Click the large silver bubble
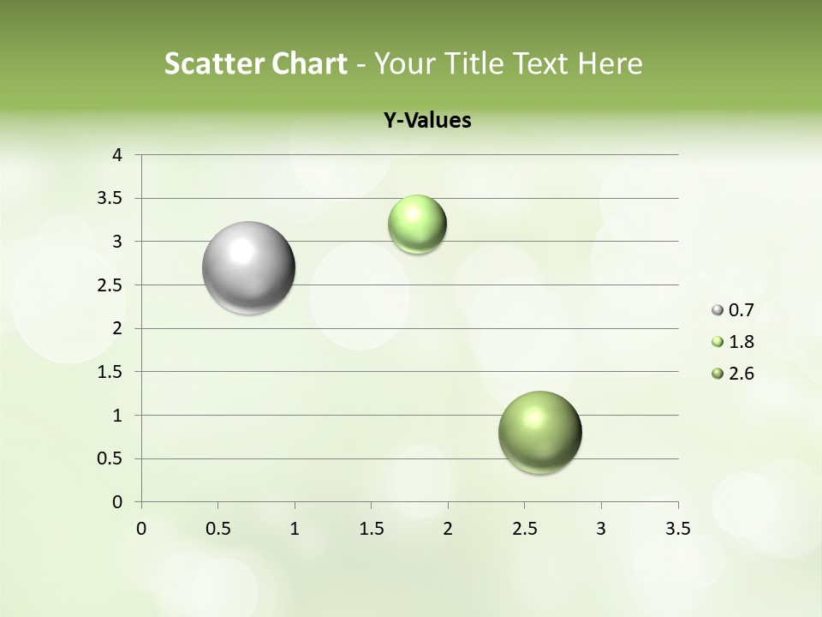coord(249,267)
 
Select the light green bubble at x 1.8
coord(417,225)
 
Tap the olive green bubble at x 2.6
coord(539,432)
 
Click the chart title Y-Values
coord(427,120)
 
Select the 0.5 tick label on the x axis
coord(217,529)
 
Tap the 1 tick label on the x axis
coord(295,529)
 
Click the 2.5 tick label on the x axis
coord(524,529)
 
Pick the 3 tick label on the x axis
coord(601,529)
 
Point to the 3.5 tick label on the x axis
coord(677,529)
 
